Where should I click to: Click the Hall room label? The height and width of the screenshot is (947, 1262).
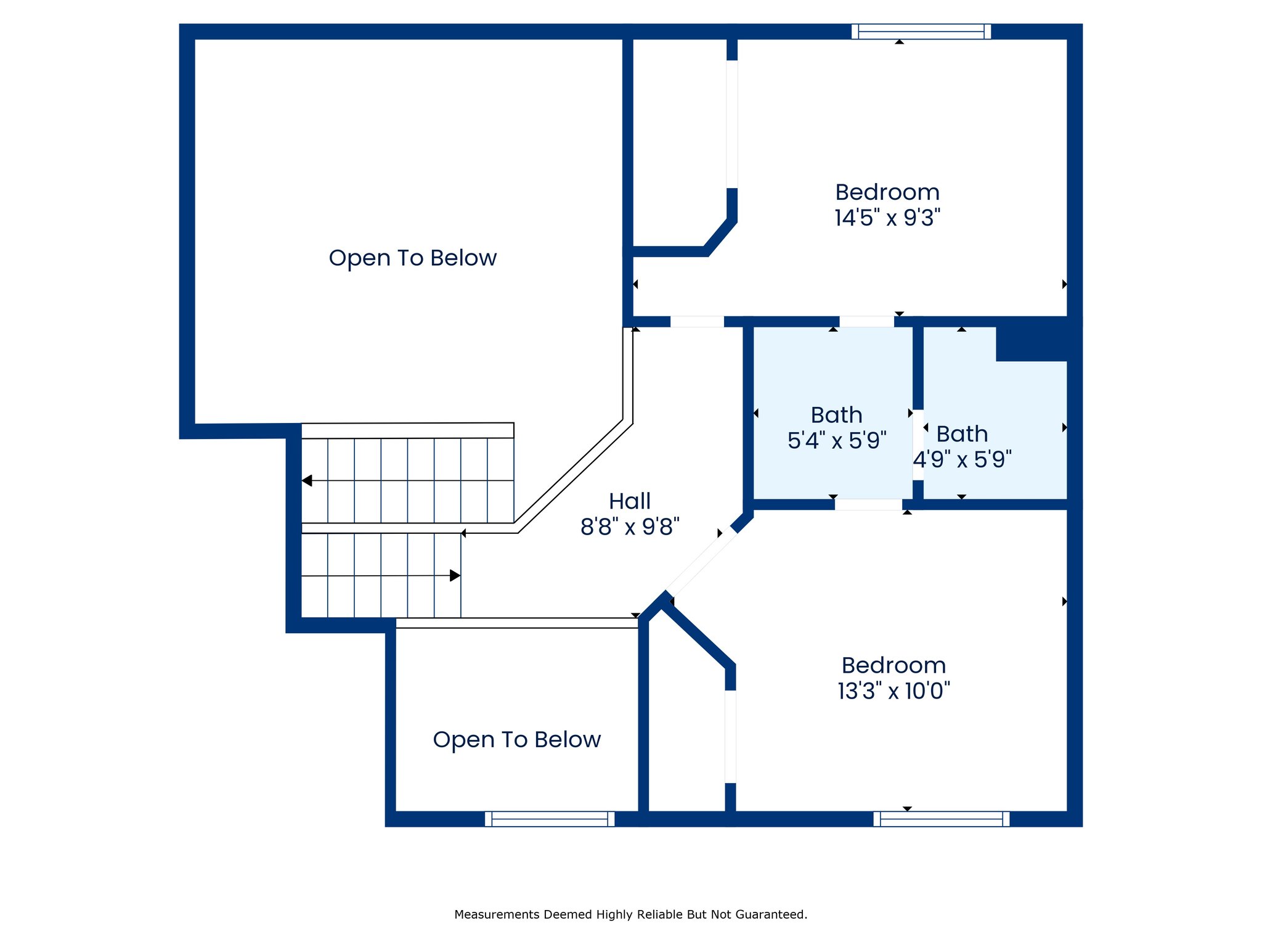click(x=629, y=501)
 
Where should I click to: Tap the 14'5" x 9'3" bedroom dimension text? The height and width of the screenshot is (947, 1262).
click(x=887, y=218)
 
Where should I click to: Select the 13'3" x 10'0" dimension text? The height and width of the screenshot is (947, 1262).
click(x=894, y=691)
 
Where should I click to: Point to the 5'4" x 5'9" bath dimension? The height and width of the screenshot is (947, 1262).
click(x=837, y=440)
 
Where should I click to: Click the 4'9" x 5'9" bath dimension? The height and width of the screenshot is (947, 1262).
click(x=963, y=459)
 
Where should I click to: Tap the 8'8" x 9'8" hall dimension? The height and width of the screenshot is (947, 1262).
click(x=630, y=527)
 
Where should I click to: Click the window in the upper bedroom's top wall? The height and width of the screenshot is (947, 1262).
click(x=921, y=31)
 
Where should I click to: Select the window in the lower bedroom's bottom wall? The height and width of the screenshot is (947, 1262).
click(x=941, y=819)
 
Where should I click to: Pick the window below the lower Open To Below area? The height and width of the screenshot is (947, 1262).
click(x=550, y=819)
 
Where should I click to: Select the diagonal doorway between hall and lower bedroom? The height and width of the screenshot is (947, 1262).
click(x=701, y=562)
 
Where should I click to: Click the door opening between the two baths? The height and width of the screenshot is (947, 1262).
click(x=918, y=445)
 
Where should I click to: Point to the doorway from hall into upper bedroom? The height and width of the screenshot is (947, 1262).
click(x=697, y=321)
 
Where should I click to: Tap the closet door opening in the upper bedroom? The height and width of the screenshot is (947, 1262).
click(x=732, y=124)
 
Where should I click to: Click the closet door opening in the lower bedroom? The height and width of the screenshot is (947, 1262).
click(x=730, y=737)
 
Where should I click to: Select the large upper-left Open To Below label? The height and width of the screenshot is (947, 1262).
click(x=413, y=258)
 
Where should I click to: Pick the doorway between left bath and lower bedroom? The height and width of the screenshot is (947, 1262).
click(x=868, y=504)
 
